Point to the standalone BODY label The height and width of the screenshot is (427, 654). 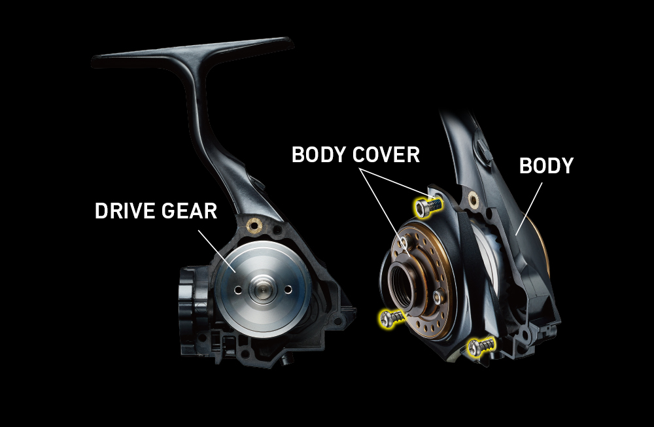tap(546, 165)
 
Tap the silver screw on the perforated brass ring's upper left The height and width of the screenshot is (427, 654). tap(405, 243)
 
